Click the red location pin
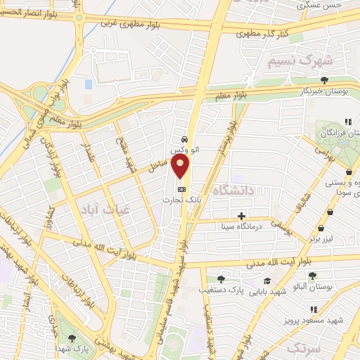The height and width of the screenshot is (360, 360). click(x=181, y=165)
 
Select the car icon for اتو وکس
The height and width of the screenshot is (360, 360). click(x=184, y=139)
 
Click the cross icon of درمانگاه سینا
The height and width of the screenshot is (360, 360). click(x=242, y=216)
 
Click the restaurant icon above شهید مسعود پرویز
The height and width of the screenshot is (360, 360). click(x=314, y=309)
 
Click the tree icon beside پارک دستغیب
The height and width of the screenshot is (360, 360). click(x=221, y=279)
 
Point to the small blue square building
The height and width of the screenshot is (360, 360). click(x=89, y=84)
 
